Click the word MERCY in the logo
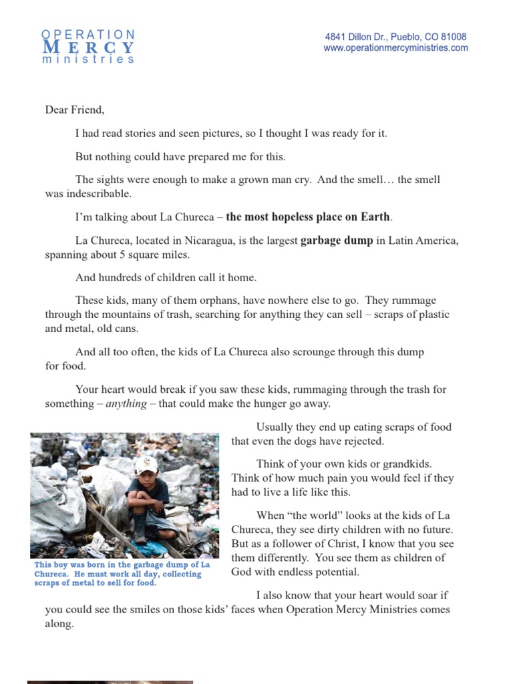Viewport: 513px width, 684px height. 88,47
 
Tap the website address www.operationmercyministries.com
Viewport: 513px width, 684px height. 395,48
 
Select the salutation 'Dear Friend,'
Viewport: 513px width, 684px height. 75,110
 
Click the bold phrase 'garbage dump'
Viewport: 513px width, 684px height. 337,240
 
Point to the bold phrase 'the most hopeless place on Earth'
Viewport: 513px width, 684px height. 308,216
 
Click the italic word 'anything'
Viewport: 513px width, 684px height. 126,403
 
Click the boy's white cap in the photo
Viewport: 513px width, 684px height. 146,464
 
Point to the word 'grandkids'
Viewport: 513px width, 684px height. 404,464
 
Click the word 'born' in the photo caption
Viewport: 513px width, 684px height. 88,565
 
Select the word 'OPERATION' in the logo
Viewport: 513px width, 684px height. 88,34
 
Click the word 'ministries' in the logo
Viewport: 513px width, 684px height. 88,59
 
